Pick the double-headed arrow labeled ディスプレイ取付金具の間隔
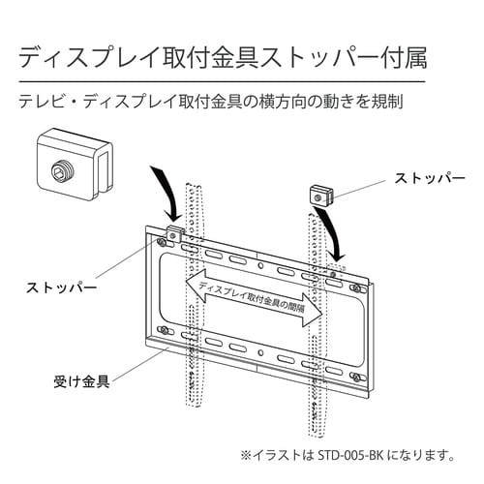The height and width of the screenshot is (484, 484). tap(254, 293)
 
